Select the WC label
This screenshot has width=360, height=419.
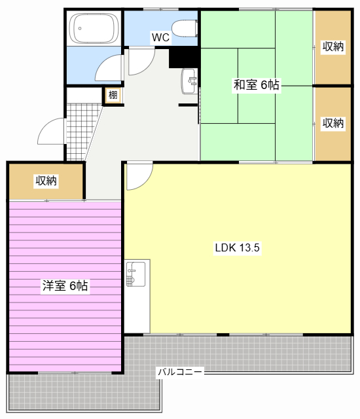[x=160, y=37]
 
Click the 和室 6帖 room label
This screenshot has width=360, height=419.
[x=257, y=84]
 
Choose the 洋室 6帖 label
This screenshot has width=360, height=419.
[x=65, y=285]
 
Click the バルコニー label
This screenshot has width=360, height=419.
[x=180, y=372]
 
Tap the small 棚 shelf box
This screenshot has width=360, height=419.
[x=113, y=96]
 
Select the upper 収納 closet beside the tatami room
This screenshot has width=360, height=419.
[x=333, y=46]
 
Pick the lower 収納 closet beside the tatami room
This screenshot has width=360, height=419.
[x=333, y=123]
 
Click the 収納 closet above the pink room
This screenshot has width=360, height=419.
[x=46, y=181]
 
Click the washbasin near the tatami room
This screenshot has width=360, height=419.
[x=189, y=81]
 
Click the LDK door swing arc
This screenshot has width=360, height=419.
[x=139, y=176]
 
